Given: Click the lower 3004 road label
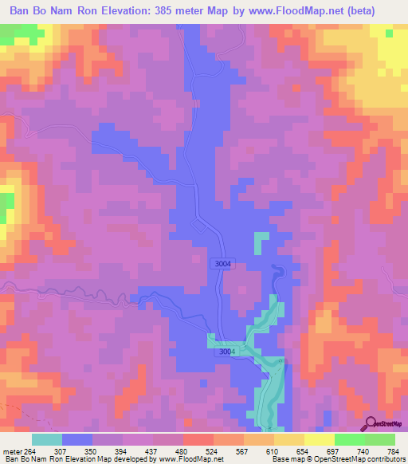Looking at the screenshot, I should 227,351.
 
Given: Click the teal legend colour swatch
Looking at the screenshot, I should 47,439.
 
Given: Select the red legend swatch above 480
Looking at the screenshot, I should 198,439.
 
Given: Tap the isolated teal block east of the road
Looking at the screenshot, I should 261,242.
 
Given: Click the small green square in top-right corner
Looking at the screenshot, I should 388,33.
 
